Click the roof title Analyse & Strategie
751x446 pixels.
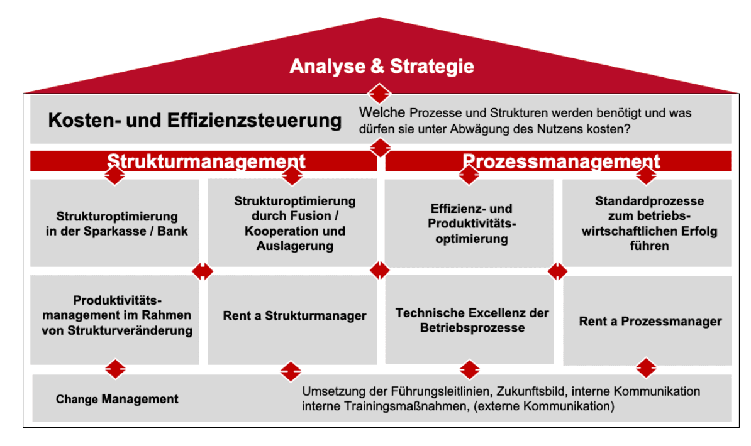(x=382, y=66)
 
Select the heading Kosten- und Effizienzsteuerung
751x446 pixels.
(x=195, y=120)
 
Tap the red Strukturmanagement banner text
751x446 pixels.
(x=206, y=161)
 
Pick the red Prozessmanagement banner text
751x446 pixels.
(x=561, y=161)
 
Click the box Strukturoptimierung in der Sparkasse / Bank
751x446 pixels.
(x=114, y=223)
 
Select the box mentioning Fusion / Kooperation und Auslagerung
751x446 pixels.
(x=292, y=223)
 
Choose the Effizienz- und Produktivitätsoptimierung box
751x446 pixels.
(x=469, y=223)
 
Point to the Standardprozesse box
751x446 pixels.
(x=647, y=223)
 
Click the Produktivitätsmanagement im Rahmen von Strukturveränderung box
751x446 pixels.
(x=114, y=320)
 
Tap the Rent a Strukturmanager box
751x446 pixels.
(x=292, y=320)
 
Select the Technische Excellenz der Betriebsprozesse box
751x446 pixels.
(x=469, y=320)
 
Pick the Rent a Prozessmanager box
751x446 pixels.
(x=648, y=320)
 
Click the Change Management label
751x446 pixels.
(x=117, y=399)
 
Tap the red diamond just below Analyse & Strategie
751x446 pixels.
(x=379, y=94)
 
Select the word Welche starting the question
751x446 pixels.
(x=382, y=113)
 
